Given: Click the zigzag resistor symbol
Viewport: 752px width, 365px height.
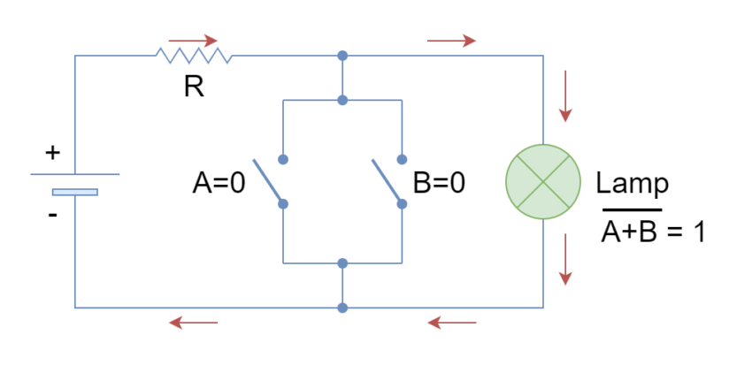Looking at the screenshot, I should (x=194, y=56).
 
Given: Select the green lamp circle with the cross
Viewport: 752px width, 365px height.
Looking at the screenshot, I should (x=543, y=181).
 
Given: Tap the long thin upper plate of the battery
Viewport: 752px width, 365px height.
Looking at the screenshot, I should (x=75, y=174).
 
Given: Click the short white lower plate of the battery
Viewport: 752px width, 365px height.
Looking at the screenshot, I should (x=75, y=192).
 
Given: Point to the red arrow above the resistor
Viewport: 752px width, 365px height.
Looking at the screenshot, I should (x=193, y=41).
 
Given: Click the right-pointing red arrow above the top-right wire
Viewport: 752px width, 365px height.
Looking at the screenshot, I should (x=451, y=41).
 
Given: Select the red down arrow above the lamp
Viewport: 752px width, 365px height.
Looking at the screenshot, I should (x=565, y=96).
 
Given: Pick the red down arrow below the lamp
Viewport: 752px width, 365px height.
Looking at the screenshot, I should (x=565, y=260).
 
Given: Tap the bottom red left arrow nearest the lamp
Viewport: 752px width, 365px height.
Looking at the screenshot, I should (x=451, y=323).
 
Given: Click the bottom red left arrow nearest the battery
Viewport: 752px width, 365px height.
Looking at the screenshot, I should (x=193, y=323).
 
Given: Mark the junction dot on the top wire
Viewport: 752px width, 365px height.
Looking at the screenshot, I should (x=342, y=56).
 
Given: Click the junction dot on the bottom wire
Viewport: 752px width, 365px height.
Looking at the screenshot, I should (x=342, y=308).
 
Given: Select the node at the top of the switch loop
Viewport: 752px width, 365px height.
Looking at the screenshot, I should (x=342, y=100).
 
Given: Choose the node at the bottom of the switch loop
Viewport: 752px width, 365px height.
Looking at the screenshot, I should (x=342, y=263).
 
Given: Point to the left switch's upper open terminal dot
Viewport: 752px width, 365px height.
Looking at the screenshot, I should (x=283, y=159).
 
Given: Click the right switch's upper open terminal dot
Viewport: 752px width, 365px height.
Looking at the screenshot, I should (x=402, y=159).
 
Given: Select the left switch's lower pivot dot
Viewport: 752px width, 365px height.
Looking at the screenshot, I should (x=283, y=203).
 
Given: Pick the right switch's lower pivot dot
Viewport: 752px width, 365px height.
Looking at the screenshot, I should (x=402, y=203).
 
